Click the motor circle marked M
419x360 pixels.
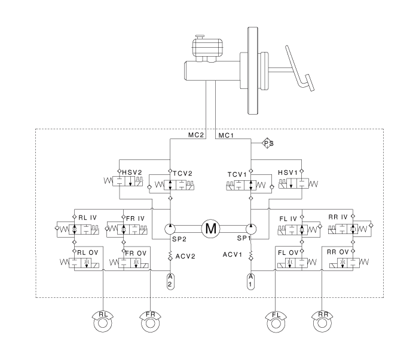[210, 228]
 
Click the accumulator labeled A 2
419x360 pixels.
[170, 280]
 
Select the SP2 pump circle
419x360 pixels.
[170, 229]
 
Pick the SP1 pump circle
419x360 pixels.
[250, 229]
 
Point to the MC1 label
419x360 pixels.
[225, 136]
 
